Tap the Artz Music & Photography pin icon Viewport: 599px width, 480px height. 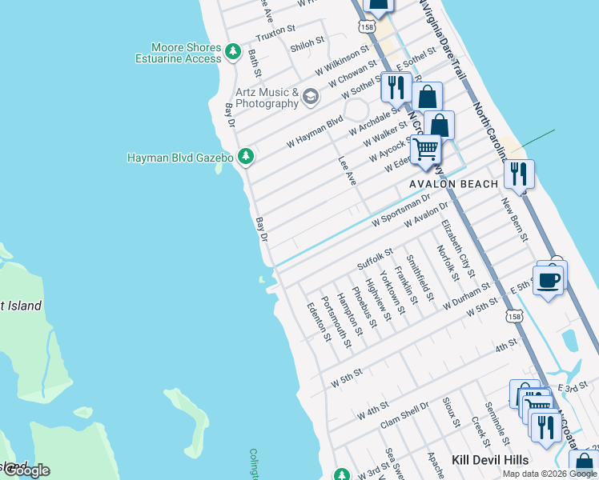point(310,98)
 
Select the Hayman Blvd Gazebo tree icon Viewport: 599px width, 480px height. point(247,157)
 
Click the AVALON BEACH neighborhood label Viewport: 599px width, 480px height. point(453,184)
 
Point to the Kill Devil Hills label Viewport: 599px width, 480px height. point(490,460)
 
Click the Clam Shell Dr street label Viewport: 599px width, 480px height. point(404,417)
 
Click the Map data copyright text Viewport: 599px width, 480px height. point(549,474)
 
